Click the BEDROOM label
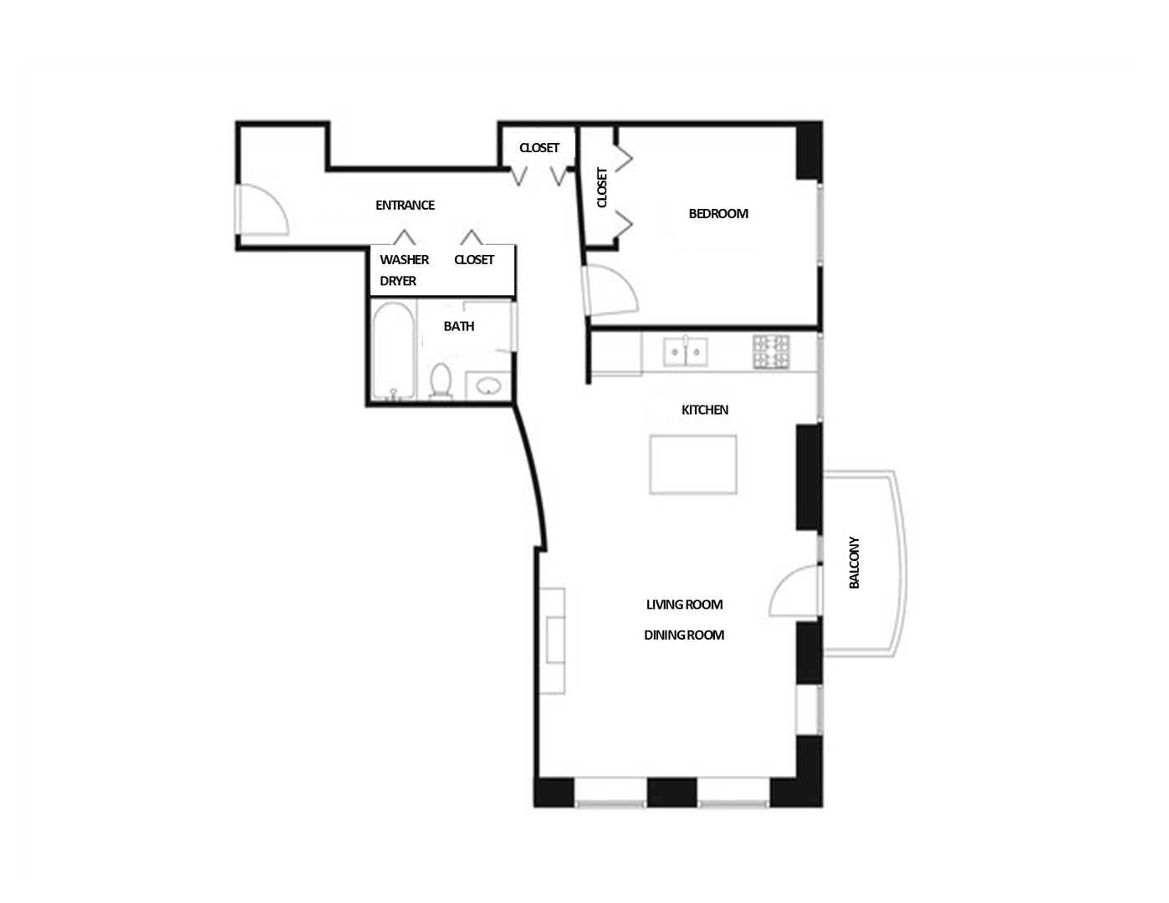tap(717, 214)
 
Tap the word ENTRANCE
tap(405, 206)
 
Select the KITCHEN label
tap(705, 410)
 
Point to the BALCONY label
tap(854, 563)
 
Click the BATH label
tap(459, 327)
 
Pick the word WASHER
tap(404, 260)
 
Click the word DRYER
tap(398, 281)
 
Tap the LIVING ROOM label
tap(684, 605)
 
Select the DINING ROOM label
tap(684, 635)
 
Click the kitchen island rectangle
tap(693, 464)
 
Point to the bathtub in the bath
tap(392, 351)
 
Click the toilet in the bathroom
tap(441, 380)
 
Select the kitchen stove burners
tap(771, 352)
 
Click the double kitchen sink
tap(686, 352)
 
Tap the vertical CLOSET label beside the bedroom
tap(602, 187)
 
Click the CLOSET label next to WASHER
tap(474, 260)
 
